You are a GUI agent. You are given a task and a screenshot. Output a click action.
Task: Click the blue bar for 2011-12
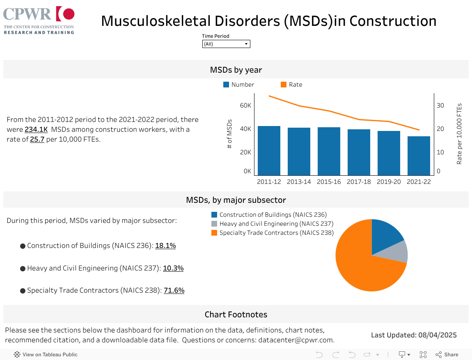pyautogui.click(x=269, y=151)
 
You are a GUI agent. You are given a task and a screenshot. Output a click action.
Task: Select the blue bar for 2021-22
pyautogui.click(x=419, y=156)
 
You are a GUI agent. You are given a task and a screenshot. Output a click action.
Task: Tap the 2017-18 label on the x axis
pyautogui.click(x=359, y=182)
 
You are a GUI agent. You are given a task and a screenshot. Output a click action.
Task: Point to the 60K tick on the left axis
pyautogui.click(x=245, y=105)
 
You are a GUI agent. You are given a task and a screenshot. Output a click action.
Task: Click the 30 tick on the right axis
pyautogui.click(x=440, y=105)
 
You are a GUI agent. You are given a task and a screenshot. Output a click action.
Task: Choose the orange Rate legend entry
pyautogui.click(x=291, y=85)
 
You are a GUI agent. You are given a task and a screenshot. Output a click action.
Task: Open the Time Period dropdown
pyautogui.click(x=226, y=44)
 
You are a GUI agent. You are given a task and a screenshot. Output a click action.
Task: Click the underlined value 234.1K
pyautogui.click(x=36, y=129)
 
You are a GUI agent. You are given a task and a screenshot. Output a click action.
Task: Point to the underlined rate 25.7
pyautogui.click(x=37, y=139)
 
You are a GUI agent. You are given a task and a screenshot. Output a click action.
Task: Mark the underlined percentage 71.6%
pyautogui.click(x=174, y=290)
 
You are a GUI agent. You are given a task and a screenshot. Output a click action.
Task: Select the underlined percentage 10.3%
pyautogui.click(x=173, y=268)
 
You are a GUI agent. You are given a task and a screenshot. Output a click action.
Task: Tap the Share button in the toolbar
pyautogui.click(x=447, y=355)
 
